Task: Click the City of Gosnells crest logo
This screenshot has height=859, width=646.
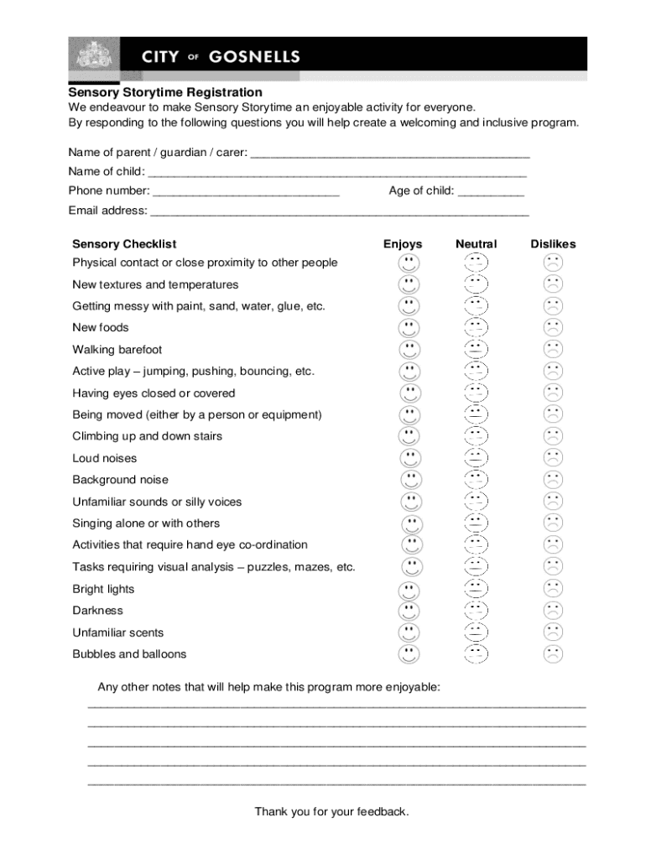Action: tap(93, 57)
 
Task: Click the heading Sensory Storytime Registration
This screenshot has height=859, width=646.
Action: tap(165, 92)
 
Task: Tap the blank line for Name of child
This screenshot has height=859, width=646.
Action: tap(336, 174)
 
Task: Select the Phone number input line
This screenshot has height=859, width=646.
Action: tap(246, 193)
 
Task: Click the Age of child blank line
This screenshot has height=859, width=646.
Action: tap(491, 193)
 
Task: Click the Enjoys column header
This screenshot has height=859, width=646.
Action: tap(403, 244)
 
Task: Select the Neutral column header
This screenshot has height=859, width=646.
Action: tap(476, 244)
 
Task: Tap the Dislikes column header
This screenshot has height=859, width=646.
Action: tap(553, 244)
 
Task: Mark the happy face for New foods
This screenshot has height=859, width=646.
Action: tap(409, 327)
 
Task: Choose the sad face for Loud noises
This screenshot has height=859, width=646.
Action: tap(553, 458)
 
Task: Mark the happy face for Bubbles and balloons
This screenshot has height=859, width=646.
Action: tap(409, 654)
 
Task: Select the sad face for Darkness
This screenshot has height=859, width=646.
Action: tap(553, 611)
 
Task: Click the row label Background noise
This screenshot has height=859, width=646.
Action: tap(120, 480)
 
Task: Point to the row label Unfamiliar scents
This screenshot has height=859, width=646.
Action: tap(117, 633)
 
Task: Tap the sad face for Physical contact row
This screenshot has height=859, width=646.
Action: tap(553, 263)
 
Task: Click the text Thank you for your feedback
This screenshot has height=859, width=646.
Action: tap(331, 811)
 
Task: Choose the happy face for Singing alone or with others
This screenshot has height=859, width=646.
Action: tap(411, 523)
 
